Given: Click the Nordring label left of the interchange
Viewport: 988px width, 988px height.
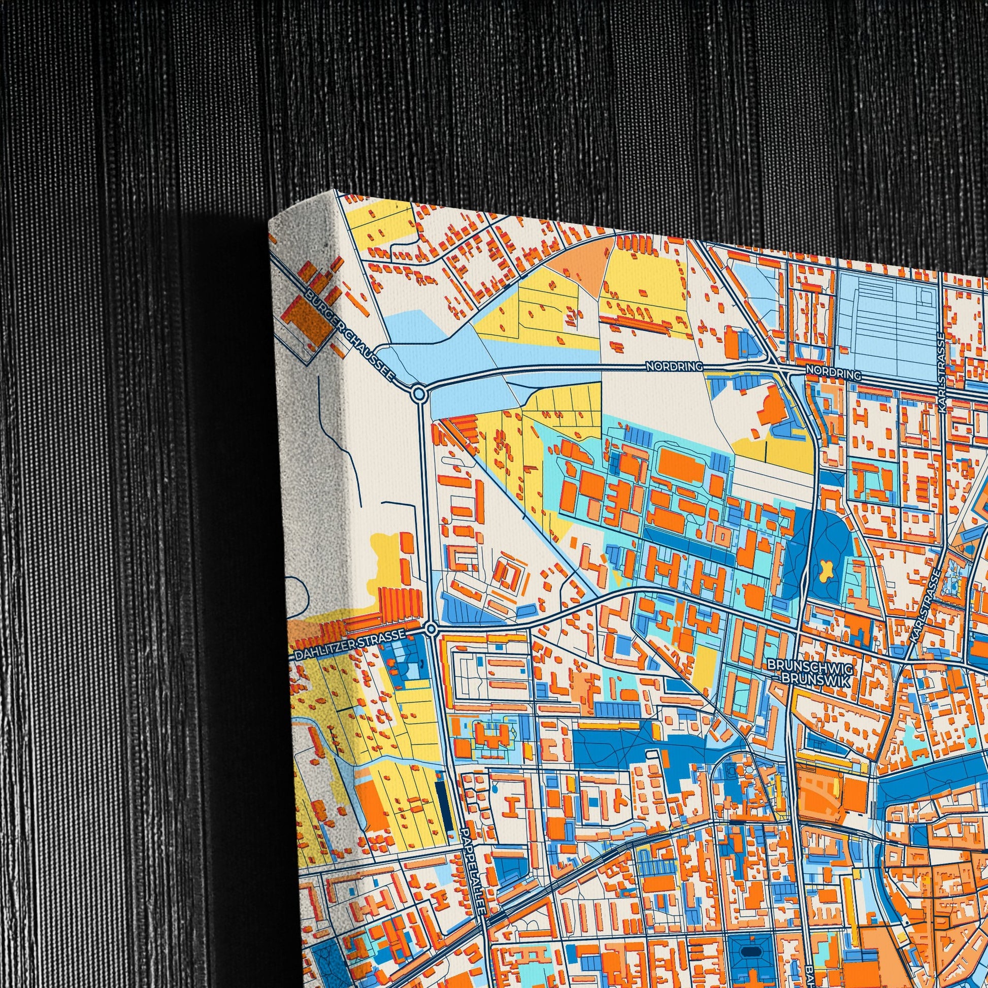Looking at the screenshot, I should coord(675,367).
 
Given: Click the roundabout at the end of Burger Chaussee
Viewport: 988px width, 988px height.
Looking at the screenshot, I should coord(419,393).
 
